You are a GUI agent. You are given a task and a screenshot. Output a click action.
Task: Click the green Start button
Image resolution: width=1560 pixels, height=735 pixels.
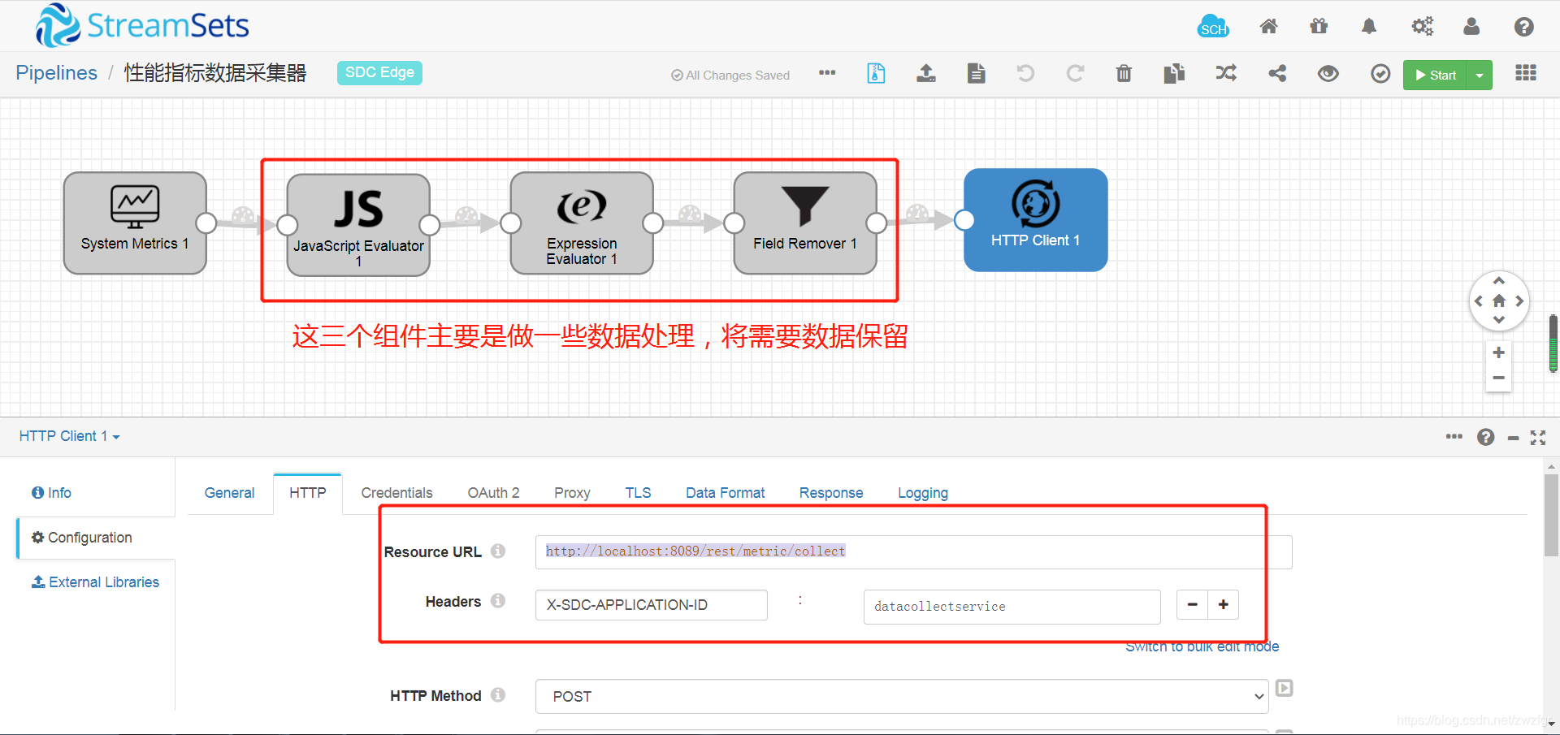click(1435, 75)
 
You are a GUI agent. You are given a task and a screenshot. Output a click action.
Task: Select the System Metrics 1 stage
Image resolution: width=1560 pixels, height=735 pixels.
click(135, 223)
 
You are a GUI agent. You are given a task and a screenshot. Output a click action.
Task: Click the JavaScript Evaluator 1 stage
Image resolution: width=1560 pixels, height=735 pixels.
click(358, 224)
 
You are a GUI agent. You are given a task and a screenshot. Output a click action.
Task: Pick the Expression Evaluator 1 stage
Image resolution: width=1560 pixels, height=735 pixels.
click(582, 223)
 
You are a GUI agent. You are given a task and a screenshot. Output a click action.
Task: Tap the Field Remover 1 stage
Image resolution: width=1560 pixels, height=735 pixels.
click(805, 223)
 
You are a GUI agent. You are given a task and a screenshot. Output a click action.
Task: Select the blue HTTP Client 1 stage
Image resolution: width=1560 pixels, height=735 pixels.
click(1035, 219)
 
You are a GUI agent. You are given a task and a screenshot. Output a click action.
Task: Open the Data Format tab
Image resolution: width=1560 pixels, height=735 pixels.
click(725, 493)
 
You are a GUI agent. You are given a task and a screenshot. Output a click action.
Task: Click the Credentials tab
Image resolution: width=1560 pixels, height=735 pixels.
click(396, 493)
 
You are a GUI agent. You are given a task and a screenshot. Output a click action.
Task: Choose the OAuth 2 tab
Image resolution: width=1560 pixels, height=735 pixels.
click(493, 493)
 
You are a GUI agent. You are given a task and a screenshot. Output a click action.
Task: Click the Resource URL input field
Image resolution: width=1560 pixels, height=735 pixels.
click(912, 552)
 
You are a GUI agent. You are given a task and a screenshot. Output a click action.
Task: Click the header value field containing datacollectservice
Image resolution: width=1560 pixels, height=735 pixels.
click(1011, 607)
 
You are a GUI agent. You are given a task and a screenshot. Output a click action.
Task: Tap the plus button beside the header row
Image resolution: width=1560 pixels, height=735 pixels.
click(1223, 604)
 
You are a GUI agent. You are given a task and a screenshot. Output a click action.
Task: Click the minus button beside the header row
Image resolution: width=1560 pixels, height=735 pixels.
click(1192, 604)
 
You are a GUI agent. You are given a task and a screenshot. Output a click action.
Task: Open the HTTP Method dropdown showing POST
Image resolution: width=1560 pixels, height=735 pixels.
click(901, 697)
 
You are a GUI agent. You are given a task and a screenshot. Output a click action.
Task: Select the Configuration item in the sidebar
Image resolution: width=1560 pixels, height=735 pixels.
click(89, 538)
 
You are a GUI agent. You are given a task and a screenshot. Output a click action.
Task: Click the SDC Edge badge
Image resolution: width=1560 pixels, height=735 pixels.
click(379, 72)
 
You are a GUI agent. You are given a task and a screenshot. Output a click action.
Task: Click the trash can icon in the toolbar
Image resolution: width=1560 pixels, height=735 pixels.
click(1124, 74)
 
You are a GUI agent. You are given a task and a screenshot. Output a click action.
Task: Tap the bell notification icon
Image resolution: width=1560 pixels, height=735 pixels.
click(1369, 27)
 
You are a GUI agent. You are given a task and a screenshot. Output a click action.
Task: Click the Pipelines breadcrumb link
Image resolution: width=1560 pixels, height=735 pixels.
click(56, 73)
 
